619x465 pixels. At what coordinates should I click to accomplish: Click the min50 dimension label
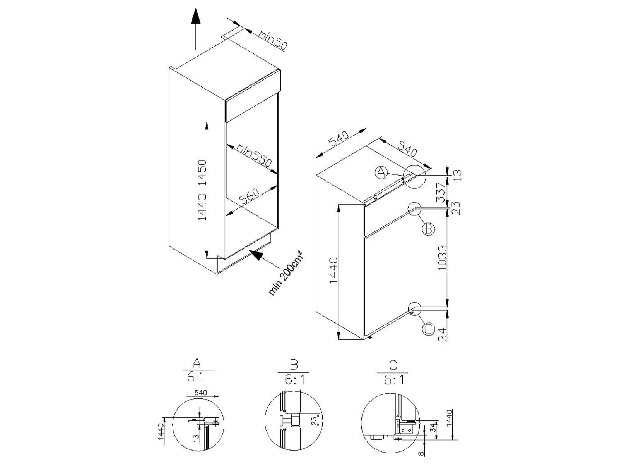[273, 40]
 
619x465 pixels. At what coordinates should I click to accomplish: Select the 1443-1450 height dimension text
[202, 190]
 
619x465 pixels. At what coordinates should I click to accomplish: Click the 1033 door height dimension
[443, 258]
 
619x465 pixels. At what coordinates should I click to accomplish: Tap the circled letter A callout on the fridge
[381, 172]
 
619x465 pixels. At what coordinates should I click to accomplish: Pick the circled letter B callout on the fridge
[428, 229]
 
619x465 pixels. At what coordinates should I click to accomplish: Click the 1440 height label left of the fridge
[333, 270]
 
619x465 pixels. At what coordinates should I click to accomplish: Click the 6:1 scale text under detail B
[294, 381]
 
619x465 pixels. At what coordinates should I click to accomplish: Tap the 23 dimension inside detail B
[315, 421]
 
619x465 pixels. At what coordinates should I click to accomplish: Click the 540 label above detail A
[200, 393]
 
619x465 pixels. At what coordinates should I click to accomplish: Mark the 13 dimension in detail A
[197, 437]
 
